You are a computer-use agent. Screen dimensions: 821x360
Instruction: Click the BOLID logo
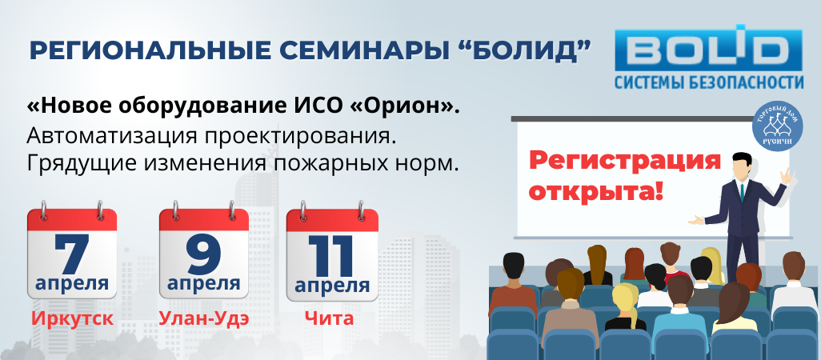[708, 58]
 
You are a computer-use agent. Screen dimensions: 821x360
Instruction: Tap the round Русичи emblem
[777, 126]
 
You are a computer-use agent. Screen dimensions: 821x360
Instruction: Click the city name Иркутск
[72, 318]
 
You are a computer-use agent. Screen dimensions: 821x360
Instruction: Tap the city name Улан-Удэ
[204, 318]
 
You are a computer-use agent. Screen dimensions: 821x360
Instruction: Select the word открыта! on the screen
[596, 191]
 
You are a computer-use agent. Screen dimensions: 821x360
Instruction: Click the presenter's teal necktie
[742, 192]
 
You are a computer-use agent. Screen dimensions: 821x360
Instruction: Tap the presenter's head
[743, 165]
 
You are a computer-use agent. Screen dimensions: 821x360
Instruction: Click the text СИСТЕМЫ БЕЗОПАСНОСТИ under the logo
[709, 82]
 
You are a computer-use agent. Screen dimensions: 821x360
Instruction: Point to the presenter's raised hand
[787, 176]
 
